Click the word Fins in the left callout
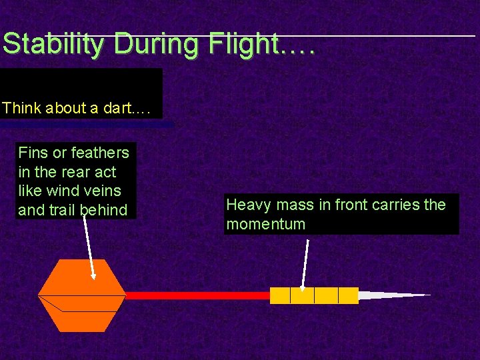pos(33,153)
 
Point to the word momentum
pos(265,224)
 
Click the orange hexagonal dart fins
pos(81,295)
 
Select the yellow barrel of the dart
pos(314,295)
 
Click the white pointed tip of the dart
pos(387,295)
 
